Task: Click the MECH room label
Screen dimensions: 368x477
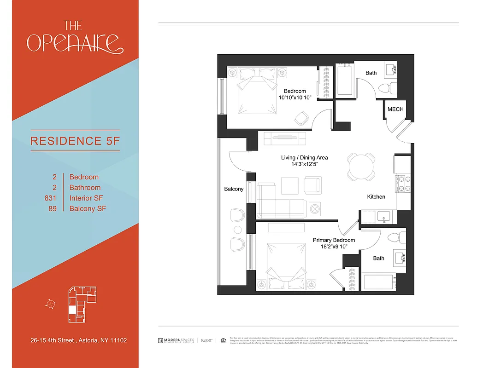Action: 395,109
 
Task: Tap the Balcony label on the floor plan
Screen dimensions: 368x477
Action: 234,189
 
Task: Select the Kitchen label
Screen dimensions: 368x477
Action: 376,196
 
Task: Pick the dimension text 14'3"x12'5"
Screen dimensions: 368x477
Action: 305,165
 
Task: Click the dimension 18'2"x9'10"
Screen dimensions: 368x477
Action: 334,247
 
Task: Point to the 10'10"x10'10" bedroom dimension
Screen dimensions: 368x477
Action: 295,98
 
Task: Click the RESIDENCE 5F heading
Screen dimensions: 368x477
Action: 75,140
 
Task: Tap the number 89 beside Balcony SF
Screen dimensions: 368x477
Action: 52,209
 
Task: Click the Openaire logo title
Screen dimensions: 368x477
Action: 75,37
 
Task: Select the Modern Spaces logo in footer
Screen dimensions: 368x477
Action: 177,340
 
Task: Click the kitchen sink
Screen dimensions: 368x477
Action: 383,216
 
